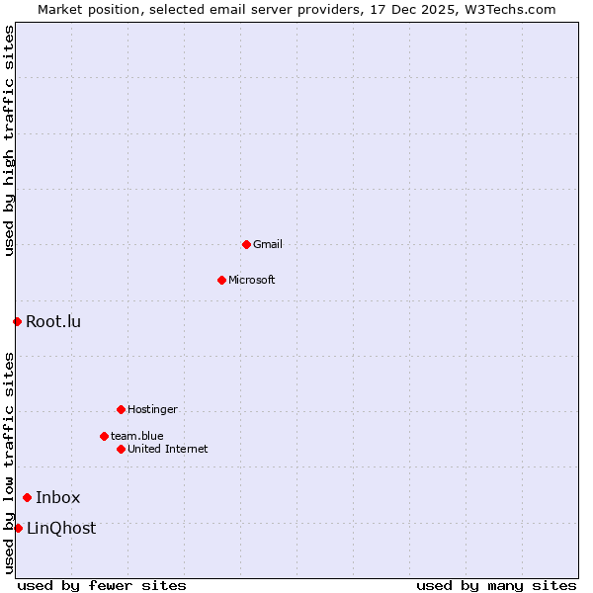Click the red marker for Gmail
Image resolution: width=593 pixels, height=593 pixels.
tap(246, 244)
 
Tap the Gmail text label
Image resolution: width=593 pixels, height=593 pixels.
tap(268, 244)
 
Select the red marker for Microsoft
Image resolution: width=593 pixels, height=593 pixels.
tap(221, 280)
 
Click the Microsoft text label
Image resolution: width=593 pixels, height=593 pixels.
tap(252, 280)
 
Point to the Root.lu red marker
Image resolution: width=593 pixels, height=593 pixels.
tap(17, 321)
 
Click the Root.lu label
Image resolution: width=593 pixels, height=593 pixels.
tap(53, 321)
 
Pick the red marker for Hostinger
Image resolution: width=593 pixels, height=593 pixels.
tap(121, 409)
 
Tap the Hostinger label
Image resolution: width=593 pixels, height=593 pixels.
tap(152, 409)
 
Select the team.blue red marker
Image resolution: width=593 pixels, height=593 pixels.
tap(104, 436)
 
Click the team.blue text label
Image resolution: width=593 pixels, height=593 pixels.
tap(137, 436)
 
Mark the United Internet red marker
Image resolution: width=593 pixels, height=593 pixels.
tap(121, 449)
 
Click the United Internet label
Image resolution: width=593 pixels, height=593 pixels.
tap(168, 449)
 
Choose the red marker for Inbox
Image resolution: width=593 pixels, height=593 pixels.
tap(27, 497)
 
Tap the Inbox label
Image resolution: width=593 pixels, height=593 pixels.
tap(58, 498)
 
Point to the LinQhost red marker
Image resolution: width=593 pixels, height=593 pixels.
tap(18, 528)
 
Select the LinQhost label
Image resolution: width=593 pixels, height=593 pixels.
tap(61, 529)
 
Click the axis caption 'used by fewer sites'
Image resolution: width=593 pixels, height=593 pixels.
tap(102, 585)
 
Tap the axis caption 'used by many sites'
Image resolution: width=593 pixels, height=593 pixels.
tap(496, 585)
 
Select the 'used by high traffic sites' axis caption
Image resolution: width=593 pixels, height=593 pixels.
tap(10, 140)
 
